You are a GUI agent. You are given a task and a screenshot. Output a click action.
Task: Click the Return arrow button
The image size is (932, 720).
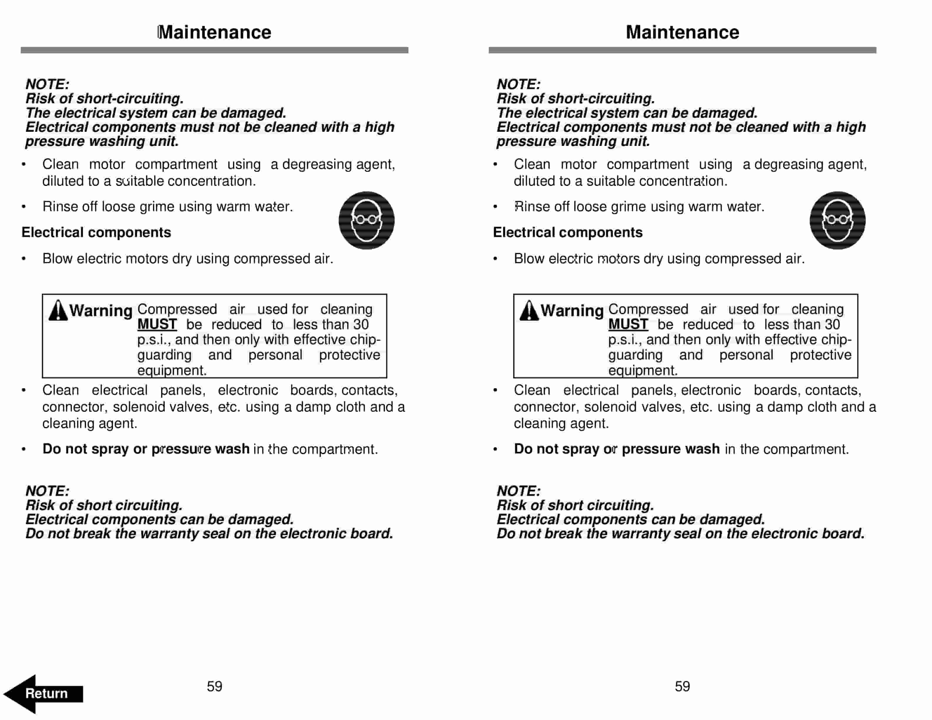point(43,693)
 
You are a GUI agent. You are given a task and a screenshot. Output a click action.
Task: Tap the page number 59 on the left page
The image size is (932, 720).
point(214,686)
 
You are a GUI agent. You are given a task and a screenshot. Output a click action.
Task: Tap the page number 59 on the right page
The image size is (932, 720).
point(682,686)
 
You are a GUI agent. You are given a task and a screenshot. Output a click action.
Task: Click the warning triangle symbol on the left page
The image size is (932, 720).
point(58,311)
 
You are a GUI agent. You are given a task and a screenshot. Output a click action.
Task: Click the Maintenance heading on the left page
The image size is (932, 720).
point(214,32)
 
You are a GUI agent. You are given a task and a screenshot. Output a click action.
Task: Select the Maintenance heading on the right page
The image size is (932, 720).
point(682,32)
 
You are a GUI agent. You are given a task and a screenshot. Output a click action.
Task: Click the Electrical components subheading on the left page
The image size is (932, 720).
point(96,232)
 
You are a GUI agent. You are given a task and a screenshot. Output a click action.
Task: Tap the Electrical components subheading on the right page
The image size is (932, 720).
point(567,232)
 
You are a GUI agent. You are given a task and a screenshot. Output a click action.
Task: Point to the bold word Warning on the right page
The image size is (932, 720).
point(572,311)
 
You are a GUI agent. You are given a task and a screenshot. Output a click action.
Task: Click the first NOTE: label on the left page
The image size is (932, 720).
point(47,84)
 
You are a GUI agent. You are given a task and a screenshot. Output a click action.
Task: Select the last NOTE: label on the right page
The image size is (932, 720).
point(518,491)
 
